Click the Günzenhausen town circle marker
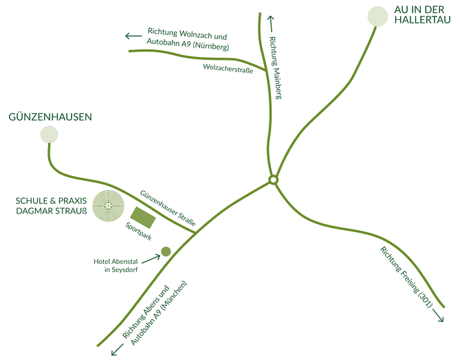[49, 135]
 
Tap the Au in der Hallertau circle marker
[377, 16]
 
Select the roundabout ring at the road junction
[273, 180]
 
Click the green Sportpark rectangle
[143, 218]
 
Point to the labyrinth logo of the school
[108, 206]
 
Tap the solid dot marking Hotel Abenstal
[166, 251]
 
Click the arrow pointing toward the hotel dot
[151, 258]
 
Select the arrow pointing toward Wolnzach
[133, 36]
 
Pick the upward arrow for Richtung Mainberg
[270, 24]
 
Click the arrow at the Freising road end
[438, 315]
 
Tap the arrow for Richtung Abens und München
[117, 350]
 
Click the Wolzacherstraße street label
[228, 69]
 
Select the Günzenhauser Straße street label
[168, 208]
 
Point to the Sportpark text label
[138, 232]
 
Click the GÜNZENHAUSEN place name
[50, 117]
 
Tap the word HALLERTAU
[422, 20]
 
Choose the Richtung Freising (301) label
[406, 277]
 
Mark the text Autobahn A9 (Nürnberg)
[188, 44]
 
